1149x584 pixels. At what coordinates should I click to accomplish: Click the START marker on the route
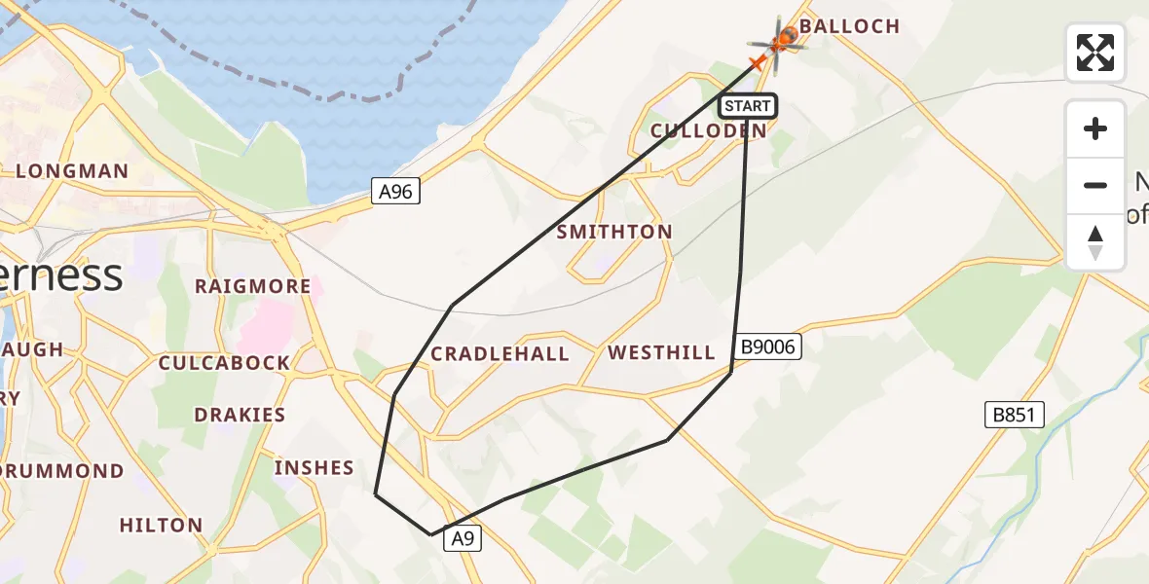pos(748,105)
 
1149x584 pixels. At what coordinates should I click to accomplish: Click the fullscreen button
pos(1095,53)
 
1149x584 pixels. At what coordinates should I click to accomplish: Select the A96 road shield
pos(396,192)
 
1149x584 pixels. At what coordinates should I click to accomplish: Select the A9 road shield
pos(463,539)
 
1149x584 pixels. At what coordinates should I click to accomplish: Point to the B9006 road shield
pos(768,347)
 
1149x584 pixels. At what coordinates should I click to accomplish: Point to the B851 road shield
pos(1014,416)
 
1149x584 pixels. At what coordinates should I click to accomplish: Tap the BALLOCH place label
pos(850,26)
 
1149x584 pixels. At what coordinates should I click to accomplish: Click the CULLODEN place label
pos(708,130)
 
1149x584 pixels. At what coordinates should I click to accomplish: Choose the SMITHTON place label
pos(614,232)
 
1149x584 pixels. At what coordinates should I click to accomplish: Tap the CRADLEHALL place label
pos(500,353)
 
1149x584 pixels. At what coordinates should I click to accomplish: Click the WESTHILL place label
pos(662,352)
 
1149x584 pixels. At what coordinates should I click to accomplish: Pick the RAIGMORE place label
pos(253,286)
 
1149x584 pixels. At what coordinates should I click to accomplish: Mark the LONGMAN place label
pos(72,171)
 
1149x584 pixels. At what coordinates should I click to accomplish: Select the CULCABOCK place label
pos(225,363)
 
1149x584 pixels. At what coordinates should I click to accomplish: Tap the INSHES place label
pos(315,468)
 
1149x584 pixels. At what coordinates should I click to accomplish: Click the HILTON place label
pos(162,526)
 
